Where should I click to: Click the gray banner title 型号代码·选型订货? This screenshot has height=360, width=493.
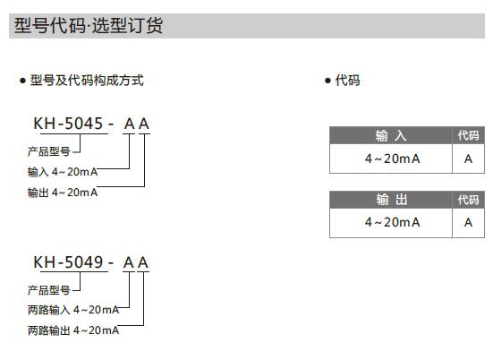pos(89,26)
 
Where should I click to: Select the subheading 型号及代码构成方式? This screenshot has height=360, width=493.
pos(87,81)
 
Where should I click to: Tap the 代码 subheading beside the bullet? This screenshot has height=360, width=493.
pos(347,81)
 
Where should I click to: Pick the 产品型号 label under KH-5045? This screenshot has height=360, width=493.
pos(48,151)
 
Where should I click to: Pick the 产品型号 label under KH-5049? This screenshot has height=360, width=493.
pos(48,290)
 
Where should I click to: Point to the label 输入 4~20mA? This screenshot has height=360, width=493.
pos(63,172)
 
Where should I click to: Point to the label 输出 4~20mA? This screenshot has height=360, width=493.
pos(63,193)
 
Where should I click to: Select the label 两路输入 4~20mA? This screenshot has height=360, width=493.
pos(73,310)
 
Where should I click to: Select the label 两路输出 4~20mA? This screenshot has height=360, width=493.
pos(73,330)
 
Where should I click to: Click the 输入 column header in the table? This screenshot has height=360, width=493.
pos(391,136)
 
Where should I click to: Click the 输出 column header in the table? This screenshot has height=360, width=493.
pos(392,200)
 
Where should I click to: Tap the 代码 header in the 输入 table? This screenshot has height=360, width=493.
pos(469,136)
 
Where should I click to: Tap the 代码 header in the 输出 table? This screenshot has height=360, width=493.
pos(469,200)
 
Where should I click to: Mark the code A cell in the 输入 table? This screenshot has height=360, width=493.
pos(469,159)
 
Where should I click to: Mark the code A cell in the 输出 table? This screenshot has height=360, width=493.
pos(469,222)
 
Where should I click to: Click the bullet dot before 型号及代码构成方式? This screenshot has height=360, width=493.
pos(22,81)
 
